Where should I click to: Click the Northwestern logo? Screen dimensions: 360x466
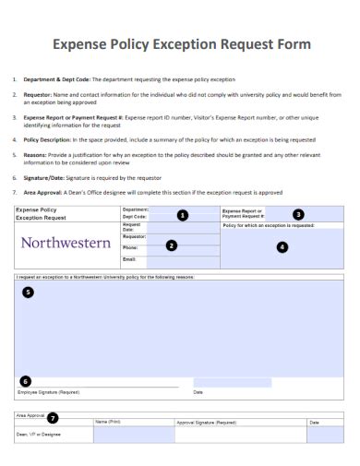(x=66, y=245)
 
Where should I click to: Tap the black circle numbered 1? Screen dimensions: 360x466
(x=182, y=215)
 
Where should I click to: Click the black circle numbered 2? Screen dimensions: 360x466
(x=172, y=245)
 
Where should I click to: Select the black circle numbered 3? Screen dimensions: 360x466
(x=297, y=214)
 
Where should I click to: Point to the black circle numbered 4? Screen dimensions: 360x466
(x=282, y=246)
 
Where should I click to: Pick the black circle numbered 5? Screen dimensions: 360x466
(x=28, y=292)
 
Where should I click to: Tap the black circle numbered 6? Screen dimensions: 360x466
(x=26, y=380)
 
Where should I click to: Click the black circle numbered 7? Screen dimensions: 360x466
(x=53, y=417)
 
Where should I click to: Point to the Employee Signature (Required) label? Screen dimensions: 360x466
(x=48, y=392)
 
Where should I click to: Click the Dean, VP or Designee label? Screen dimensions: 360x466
(x=39, y=434)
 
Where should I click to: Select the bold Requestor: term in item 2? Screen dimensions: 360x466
(x=38, y=94)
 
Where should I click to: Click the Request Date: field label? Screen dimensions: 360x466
(x=131, y=227)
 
